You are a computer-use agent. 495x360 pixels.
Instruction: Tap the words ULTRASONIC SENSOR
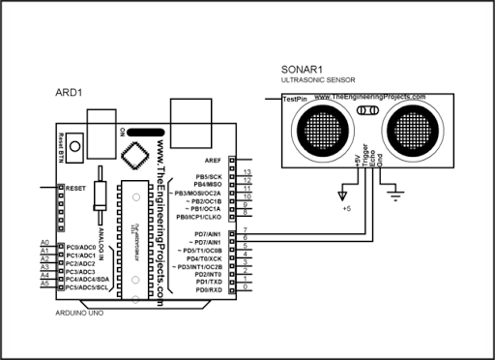tap(316, 83)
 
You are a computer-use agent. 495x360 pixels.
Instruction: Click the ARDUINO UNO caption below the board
tap(77, 314)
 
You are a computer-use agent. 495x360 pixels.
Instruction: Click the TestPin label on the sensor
tap(295, 99)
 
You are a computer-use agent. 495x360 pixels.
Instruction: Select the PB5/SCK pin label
tap(208, 177)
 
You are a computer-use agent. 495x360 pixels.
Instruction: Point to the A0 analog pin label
tap(45, 242)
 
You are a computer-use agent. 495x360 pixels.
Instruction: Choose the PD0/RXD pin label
tap(208, 289)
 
